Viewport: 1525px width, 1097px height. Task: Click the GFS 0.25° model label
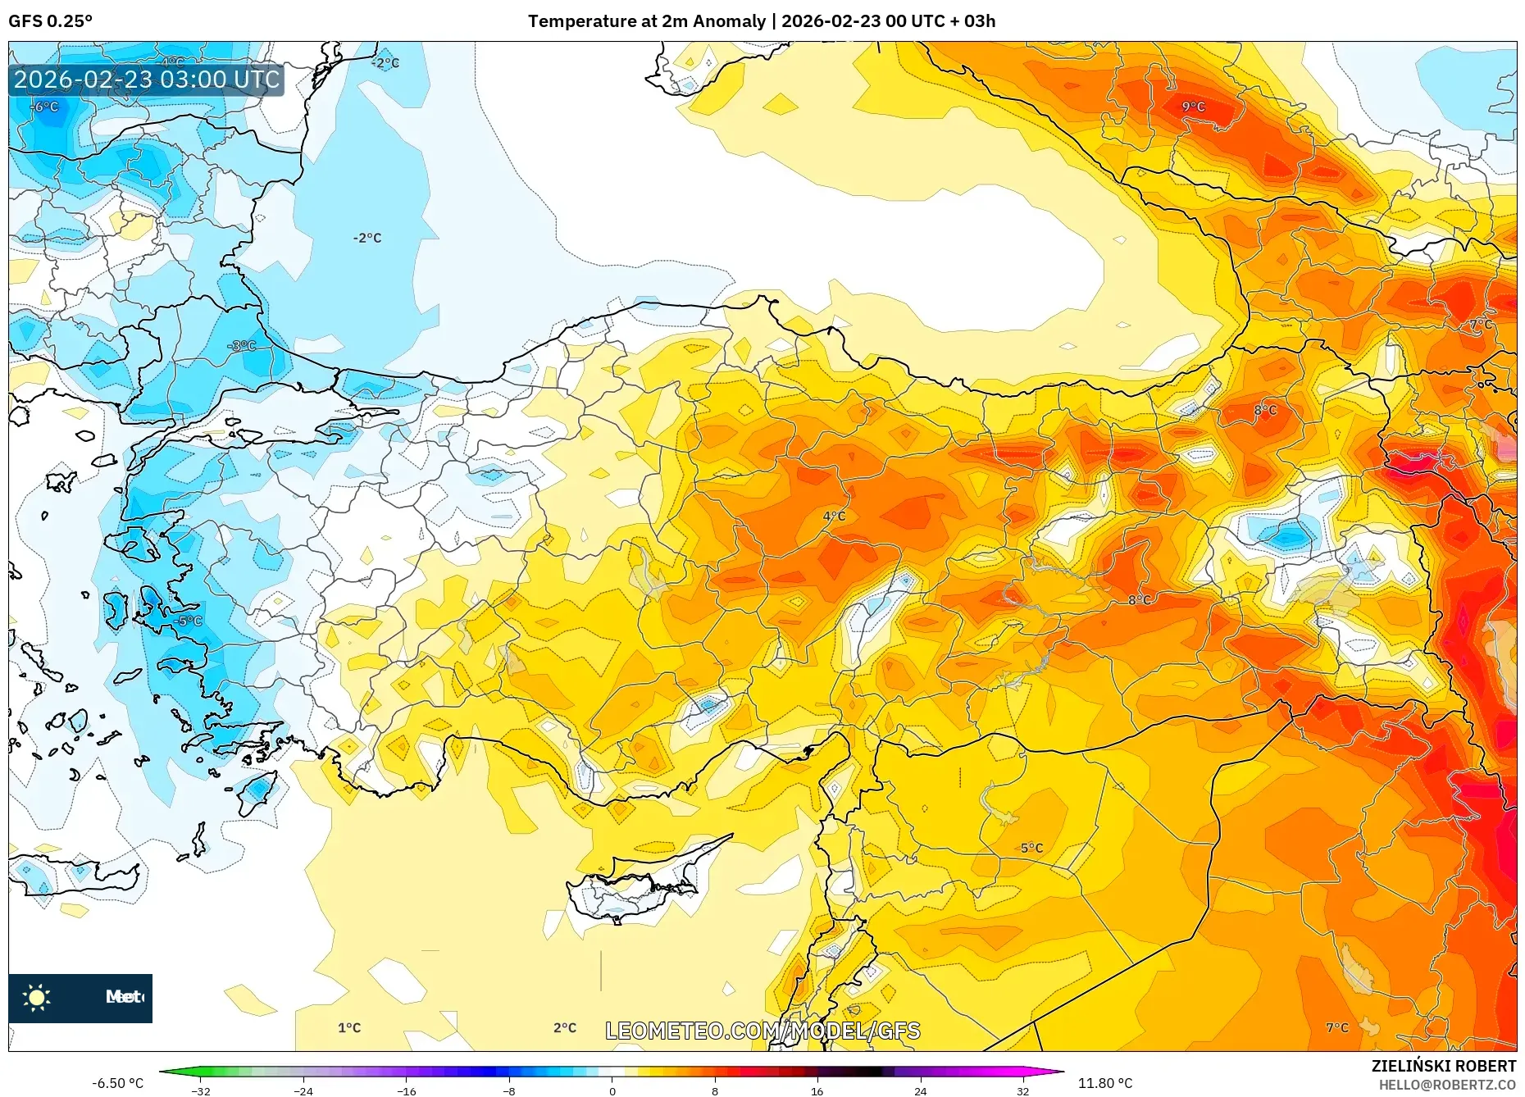pos(50,21)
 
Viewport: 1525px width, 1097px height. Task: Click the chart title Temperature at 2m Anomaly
pos(646,21)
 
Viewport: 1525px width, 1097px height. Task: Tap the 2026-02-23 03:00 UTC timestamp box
pos(147,80)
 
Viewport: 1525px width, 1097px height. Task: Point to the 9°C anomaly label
pos(1193,107)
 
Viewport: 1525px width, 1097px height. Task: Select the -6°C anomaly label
pos(46,107)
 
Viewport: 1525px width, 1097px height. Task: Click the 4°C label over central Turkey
pos(834,516)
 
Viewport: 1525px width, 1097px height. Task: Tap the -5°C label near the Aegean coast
pos(189,621)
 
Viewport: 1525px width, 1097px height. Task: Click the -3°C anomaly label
pos(243,346)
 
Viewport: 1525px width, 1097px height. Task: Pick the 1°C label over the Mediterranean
pos(349,1027)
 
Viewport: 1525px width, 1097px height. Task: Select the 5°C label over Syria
pos(1031,848)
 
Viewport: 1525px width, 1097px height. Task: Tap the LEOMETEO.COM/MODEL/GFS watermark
pos(762,1031)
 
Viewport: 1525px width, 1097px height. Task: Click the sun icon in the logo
pos(37,997)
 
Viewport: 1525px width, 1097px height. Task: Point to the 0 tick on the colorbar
pos(612,1091)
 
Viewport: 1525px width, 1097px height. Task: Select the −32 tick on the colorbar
pos(201,1091)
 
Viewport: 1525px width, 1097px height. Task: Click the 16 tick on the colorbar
pos(817,1091)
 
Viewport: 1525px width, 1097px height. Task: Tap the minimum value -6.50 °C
pos(117,1083)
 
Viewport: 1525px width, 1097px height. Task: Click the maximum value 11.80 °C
pos(1104,1083)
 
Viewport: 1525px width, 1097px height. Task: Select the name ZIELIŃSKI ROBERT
pos(1443,1066)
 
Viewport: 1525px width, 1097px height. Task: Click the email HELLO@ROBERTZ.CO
pos(1447,1085)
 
